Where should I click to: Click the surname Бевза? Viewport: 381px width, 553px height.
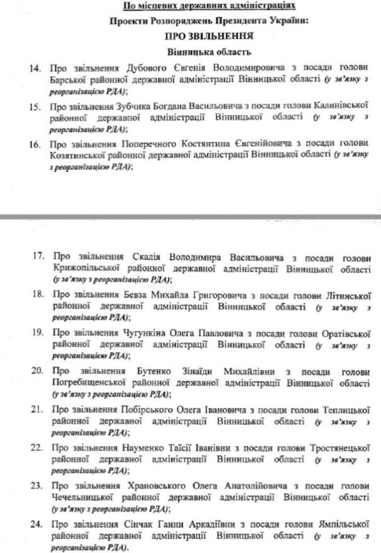(132, 294)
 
